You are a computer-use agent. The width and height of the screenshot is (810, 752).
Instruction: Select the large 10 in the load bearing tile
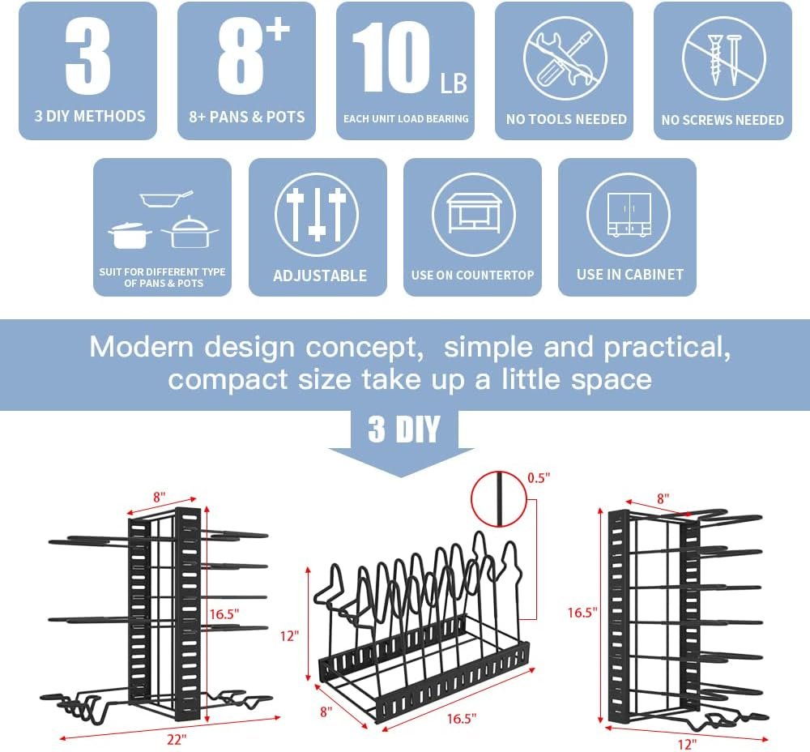(394, 58)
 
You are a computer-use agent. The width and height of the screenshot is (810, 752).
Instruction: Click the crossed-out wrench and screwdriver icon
(565, 58)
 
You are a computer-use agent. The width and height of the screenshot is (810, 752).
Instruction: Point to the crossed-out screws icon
(723, 58)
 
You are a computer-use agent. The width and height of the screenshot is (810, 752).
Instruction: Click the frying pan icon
(167, 199)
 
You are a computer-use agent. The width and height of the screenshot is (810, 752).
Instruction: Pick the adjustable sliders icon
(317, 215)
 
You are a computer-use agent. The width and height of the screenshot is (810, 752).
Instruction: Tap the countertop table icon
(473, 215)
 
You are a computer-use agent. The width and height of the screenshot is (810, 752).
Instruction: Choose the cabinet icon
(629, 215)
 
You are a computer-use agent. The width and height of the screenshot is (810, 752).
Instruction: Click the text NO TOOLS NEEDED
(566, 119)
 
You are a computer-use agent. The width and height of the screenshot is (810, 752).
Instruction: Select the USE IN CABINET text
(629, 275)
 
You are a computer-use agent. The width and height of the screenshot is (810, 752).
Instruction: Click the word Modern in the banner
(142, 347)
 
